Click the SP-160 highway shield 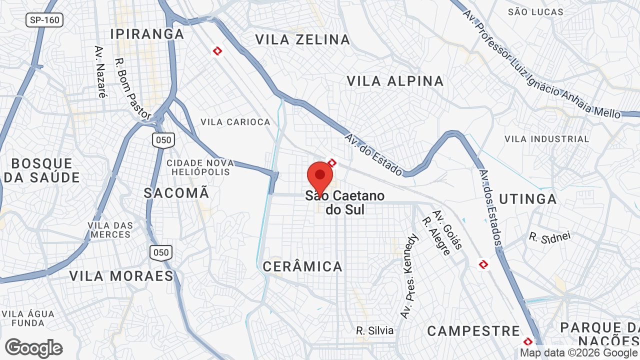(x=44, y=20)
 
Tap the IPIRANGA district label (x=147, y=34)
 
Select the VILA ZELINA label (x=302, y=39)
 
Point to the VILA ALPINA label (x=395, y=81)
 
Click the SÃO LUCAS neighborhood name (x=535, y=12)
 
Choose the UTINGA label (x=528, y=199)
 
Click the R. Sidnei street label (x=549, y=236)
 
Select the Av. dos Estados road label (x=489, y=207)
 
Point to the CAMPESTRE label (x=473, y=331)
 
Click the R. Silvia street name (x=374, y=330)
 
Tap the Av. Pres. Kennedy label (x=409, y=276)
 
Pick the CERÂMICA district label (x=302, y=266)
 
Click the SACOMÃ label (x=176, y=193)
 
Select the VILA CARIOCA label (x=235, y=122)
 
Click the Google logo (x=33, y=348)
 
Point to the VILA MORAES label (x=121, y=276)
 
